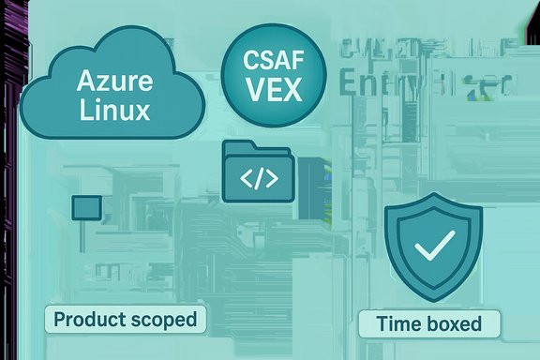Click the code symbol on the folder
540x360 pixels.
pos(259,178)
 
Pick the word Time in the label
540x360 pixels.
pos(397,325)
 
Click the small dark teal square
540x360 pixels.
pos(86,207)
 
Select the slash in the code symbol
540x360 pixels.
pos(259,178)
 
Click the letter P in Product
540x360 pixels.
pos(59,320)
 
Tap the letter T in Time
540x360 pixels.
pos(382,325)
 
